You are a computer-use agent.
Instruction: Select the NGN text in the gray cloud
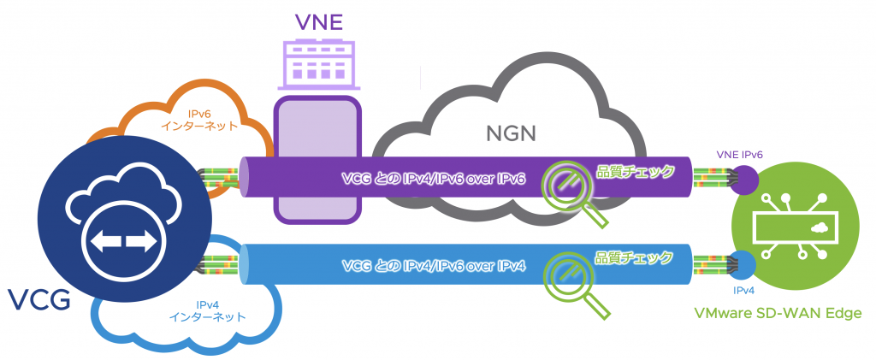[511, 133]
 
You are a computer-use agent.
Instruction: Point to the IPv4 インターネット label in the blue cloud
[209, 310]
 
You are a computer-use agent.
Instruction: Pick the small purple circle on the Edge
[743, 179]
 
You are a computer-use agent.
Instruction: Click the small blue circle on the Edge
[743, 264]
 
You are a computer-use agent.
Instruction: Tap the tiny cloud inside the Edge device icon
[820, 227]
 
